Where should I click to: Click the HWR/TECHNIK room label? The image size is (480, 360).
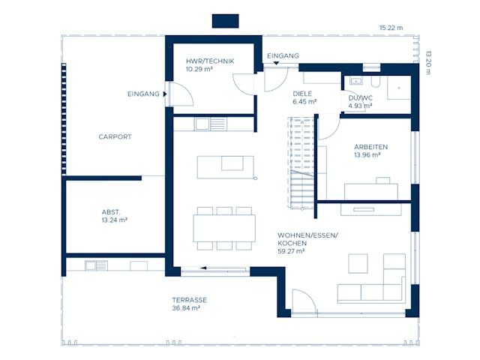pyautogui.click(x=211, y=61)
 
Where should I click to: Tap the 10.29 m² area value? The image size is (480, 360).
pyautogui.click(x=202, y=69)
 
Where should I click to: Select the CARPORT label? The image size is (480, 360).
pyautogui.click(x=115, y=137)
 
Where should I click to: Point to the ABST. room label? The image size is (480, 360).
pyautogui.click(x=111, y=212)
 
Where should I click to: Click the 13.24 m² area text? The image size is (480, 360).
pyautogui.click(x=114, y=221)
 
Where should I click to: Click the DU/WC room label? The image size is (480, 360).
pyautogui.click(x=361, y=98)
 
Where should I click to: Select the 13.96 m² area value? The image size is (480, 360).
pyautogui.click(x=367, y=155)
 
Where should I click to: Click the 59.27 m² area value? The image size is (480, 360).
pyautogui.click(x=291, y=252)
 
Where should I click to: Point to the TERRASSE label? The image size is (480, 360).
pyautogui.click(x=189, y=300)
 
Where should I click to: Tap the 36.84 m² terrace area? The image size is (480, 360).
pyautogui.click(x=185, y=308)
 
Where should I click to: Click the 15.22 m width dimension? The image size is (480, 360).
pyautogui.click(x=391, y=28)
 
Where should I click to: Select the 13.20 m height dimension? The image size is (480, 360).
pyautogui.click(x=428, y=58)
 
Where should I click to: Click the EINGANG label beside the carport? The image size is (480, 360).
pyautogui.click(x=143, y=94)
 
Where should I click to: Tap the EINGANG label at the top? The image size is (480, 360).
pyautogui.click(x=283, y=56)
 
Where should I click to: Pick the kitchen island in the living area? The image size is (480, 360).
pyautogui.click(x=220, y=166)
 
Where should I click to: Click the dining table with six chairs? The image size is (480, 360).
pyautogui.click(x=223, y=228)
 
